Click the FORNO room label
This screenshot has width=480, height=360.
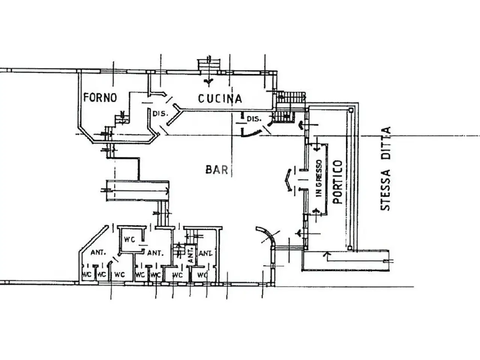[x=100, y=97]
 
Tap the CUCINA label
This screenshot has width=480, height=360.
[x=220, y=99]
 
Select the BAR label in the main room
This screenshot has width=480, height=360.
[x=217, y=169]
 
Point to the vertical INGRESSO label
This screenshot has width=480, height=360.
[x=319, y=178]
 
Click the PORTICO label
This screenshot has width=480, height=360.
[x=338, y=182]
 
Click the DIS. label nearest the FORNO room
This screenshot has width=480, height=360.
[x=160, y=114]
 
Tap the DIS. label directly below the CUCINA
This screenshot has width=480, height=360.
[x=254, y=119]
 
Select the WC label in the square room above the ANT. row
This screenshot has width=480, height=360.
[x=130, y=240]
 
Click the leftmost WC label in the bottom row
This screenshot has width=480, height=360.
[x=87, y=274]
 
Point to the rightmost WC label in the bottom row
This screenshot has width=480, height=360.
[x=202, y=275]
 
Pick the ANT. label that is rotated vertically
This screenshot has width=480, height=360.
[x=191, y=255]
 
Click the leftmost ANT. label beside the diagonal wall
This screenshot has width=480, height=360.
[x=98, y=253]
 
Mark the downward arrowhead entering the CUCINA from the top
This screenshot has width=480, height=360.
[x=208, y=81]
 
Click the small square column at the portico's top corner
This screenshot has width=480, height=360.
[x=351, y=110]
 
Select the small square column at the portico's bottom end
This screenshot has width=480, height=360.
[x=349, y=248]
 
